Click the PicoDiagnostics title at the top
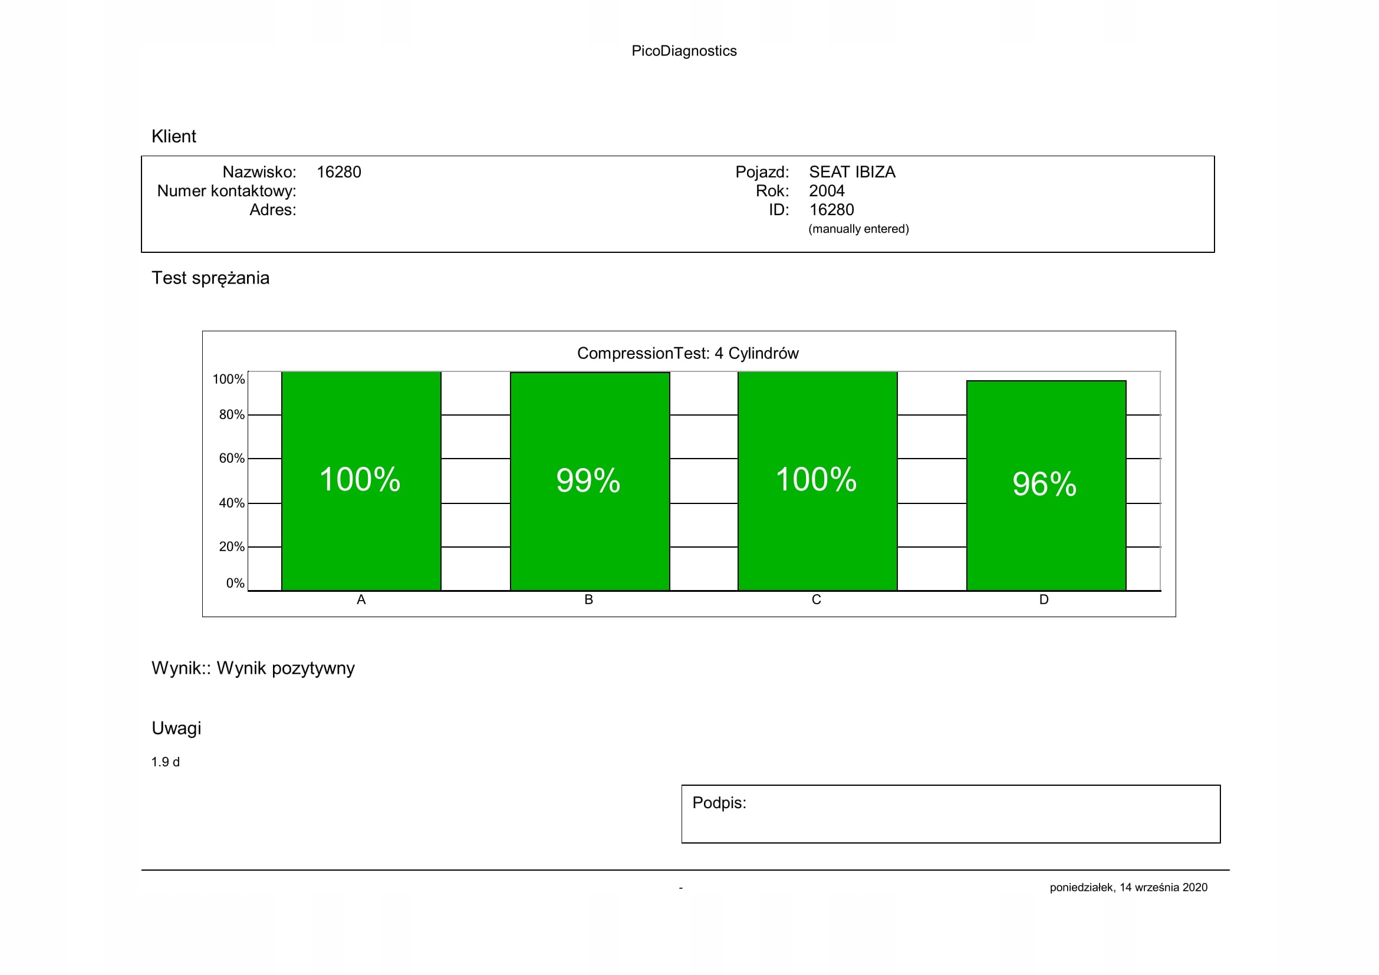pos(683,51)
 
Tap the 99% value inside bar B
pos(588,480)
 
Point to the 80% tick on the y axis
pos(231,415)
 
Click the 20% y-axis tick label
pos(231,547)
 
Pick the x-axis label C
pos(816,600)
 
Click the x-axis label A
pos(361,600)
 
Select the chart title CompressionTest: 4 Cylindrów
pos(687,353)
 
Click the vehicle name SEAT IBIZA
pos(852,172)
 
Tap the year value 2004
pos(827,191)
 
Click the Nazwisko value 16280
pos(339,172)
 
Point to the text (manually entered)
pos(858,229)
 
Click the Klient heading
pos(173,136)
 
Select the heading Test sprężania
pos(210,278)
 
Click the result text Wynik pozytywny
pos(285,668)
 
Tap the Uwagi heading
pos(176,728)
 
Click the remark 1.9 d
pos(165,762)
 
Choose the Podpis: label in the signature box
pos(719,803)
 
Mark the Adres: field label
pos(273,210)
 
